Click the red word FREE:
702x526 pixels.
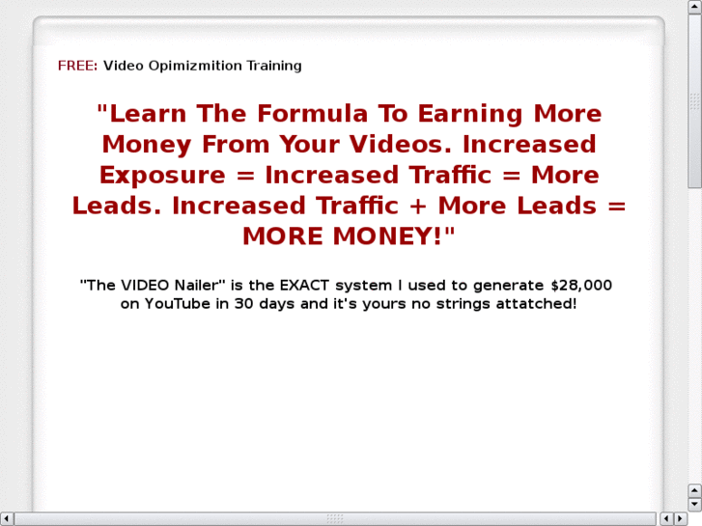point(77,66)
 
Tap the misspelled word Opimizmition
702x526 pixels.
point(181,66)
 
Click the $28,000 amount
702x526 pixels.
point(581,286)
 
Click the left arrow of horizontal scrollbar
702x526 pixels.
point(7,519)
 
